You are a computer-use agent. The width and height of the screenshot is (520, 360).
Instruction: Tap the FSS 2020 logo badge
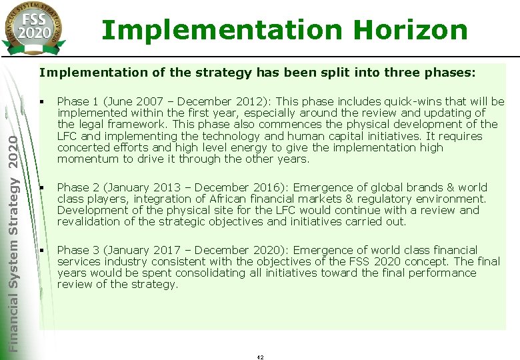(33, 28)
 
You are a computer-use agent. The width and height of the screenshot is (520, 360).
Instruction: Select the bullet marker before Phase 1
(41, 101)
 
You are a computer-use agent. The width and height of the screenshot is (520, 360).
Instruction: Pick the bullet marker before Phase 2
(41, 187)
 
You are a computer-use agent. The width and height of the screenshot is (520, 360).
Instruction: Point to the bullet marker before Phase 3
(41, 250)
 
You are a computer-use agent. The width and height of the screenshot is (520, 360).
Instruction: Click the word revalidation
(89, 221)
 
